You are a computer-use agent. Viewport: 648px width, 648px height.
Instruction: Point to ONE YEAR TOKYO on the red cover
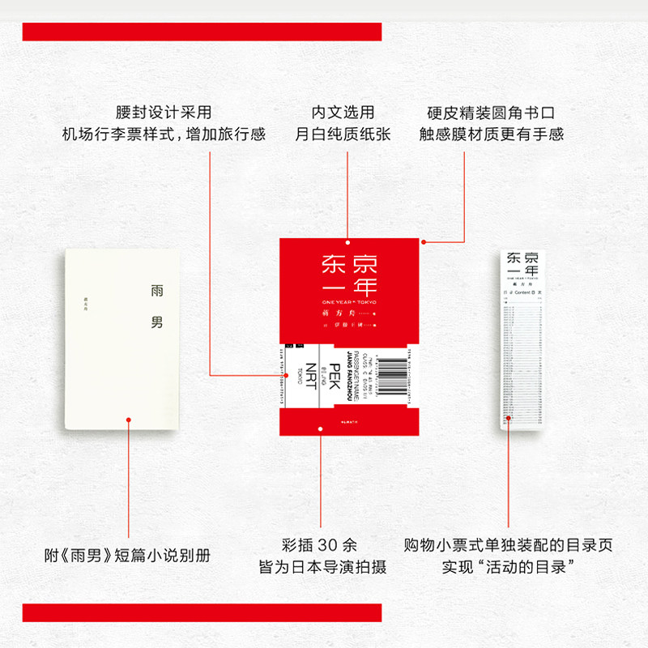pos(349,301)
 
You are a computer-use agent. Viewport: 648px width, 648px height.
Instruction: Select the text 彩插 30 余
pos(322,545)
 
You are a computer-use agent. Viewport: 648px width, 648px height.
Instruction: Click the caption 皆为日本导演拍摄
pos(322,567)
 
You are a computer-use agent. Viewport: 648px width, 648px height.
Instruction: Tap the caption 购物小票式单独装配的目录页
pos(508,545)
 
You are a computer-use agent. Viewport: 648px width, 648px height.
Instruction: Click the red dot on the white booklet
pos(127,419)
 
